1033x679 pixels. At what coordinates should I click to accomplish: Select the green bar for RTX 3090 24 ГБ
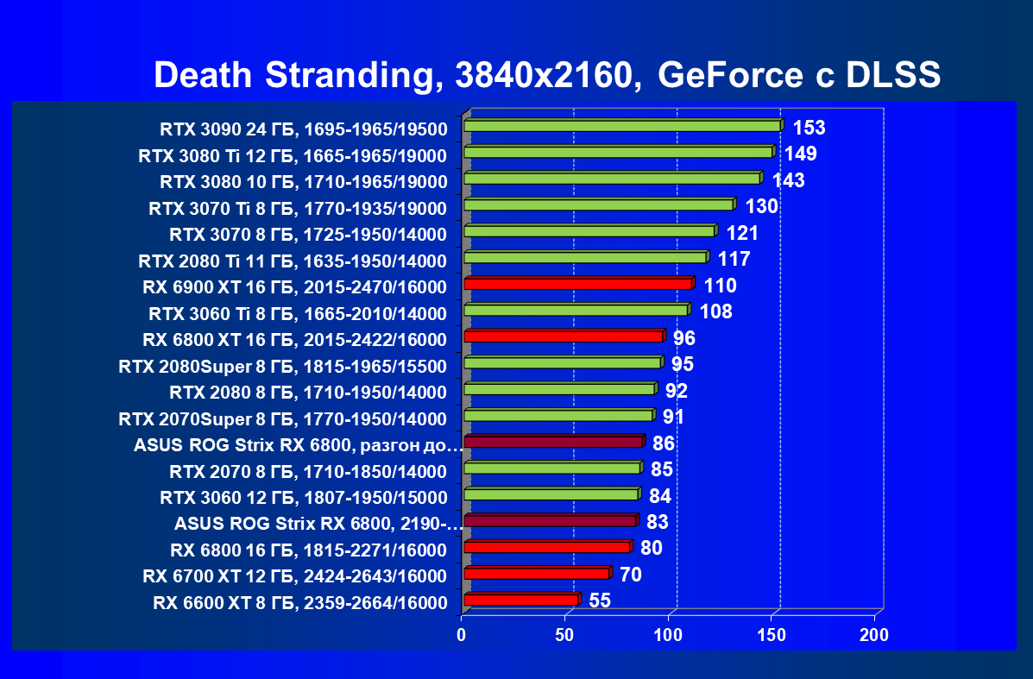621,126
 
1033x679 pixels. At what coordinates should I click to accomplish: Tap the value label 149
801,154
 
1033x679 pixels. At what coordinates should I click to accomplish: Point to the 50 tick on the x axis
565,636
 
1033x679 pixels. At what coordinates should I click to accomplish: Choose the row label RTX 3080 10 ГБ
303,182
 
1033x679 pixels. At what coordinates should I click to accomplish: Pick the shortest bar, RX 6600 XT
520,600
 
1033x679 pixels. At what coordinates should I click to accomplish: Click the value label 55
600,601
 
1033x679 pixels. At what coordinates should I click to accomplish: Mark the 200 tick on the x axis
874,636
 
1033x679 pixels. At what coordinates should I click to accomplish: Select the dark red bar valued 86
552,443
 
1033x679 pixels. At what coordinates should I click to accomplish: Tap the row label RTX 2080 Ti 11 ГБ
293,261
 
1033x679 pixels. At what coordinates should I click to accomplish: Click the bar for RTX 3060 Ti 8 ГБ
575,310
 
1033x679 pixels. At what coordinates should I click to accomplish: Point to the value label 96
684,338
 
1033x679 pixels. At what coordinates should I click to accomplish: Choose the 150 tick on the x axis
772,636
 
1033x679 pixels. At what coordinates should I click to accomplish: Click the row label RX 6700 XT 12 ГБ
295,576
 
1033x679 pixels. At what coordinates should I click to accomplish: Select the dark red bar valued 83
550,521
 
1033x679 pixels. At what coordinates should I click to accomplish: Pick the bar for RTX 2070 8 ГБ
551,468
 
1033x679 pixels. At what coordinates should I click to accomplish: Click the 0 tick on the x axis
462,636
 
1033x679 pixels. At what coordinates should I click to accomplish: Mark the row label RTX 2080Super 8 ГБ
283,367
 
